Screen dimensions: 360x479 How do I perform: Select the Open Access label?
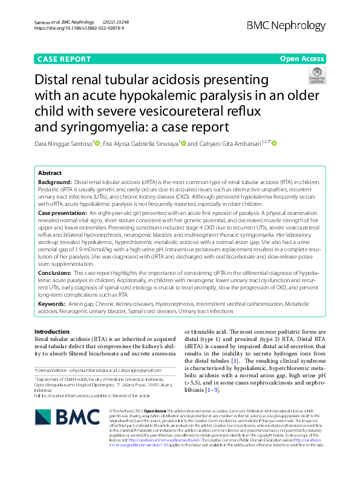point(301,58)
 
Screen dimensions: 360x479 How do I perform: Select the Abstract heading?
point(50,173)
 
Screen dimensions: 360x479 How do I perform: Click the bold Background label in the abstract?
point(54,182)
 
